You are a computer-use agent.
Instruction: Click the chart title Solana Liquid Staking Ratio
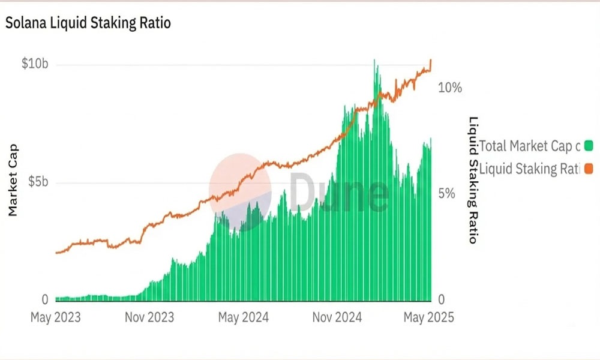pos(88,23)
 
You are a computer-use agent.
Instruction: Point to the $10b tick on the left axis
pos(35,64)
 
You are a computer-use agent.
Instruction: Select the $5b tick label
pos(37,182)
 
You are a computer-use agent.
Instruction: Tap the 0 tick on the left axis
pos(44,300)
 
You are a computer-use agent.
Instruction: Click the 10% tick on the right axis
pos(450,88)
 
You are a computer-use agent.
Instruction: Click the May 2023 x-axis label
pos(55,317)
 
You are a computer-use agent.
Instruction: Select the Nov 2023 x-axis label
pos(149,317)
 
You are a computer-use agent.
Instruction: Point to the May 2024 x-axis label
pos(243,317)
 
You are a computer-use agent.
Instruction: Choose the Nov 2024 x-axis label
pos(337,317)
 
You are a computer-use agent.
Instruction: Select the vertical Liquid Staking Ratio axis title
pos(473,180)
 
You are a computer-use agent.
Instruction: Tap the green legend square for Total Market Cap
pos(588,145)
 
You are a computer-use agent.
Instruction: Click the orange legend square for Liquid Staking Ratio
pos(588,168)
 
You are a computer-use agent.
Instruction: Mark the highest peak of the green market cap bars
pos(374,61)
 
